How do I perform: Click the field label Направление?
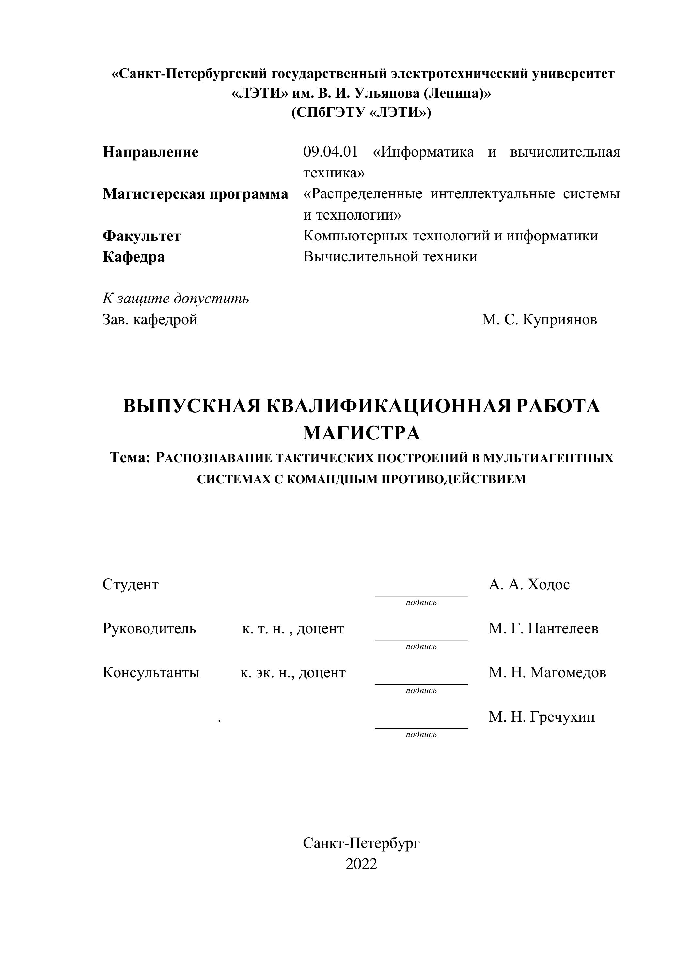pyautogui.click(x=150, y=152)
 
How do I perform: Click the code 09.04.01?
pyautogui.click(x=330, y=152)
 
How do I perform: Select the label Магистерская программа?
pyautogui.click(x=195, y=194)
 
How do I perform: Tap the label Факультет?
pyautogui.click(x=142, y=236)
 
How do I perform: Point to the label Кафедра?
pyautogui.click(x=133, y=257)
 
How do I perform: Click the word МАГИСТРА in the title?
pyautogui.click(x=361, y=433)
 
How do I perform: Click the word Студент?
pyautogui.click(x=131, y=585)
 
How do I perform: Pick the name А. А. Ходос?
pyautogui.click(x=529, y=585)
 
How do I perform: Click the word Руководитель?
pyautogui.click(x=149, y=629)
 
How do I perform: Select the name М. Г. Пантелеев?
pyautogui.click(x=543, y=629)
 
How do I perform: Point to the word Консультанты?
pyautogui.click(x=151, y=672)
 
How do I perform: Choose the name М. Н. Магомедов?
pyautogui.click(x=547, y=672)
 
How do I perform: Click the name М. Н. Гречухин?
pyautogui.click(x=542, y=717)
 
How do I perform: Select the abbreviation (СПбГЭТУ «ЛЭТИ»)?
pyautogui.click(x=361, y=113)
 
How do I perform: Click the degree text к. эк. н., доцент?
pyautogui.click(x=292, y=672)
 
